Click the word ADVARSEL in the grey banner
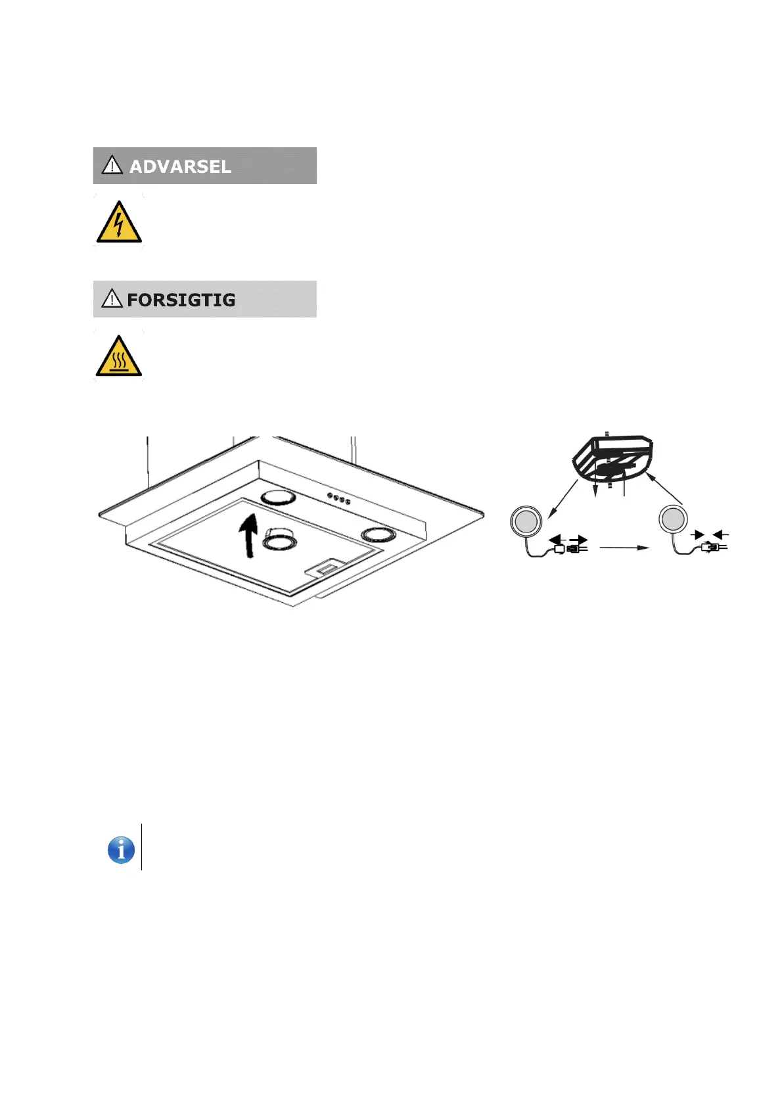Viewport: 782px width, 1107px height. [180, 166]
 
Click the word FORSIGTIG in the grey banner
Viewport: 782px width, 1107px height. [181, 300]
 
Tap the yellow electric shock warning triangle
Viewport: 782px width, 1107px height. [119, 223]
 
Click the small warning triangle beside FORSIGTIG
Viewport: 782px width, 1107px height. [112, 298]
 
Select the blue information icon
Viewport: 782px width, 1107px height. [121, 850]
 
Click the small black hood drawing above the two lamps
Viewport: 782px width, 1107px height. [612, 460]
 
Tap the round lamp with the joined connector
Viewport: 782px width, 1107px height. [673, 520]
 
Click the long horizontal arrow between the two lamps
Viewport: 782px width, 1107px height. [624, 548]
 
